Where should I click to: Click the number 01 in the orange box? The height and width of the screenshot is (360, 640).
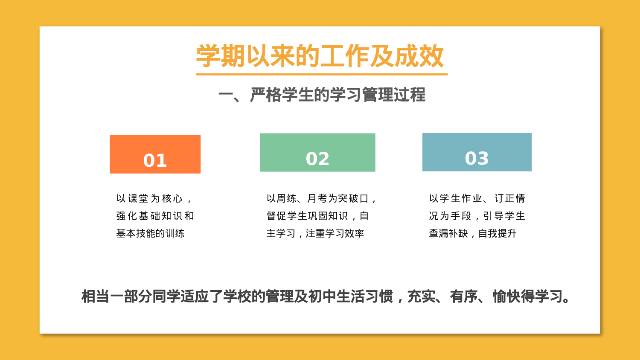(155, 160)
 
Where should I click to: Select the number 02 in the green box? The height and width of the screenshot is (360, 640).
(317, 159)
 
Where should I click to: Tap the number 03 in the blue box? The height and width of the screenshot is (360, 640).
(477, 158)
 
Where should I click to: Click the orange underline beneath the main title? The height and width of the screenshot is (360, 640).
(321, 74)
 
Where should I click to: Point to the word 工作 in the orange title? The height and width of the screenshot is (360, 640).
(344, 56)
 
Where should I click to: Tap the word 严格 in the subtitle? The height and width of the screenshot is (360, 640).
(266, 95)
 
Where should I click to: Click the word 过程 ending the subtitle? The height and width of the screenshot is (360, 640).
(410, 95)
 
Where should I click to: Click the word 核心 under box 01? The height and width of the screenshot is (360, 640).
(172, 198)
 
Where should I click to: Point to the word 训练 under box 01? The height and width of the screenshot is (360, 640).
(175, 233)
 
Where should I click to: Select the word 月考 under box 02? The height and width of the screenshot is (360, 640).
(317, 198)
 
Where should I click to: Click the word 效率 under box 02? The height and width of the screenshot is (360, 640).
(354, 233)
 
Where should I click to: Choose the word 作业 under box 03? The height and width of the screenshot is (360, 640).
(471, 198)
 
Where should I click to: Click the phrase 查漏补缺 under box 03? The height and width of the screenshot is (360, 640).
(448, 233)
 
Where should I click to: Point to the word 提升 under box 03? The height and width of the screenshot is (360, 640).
(507, 233)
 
